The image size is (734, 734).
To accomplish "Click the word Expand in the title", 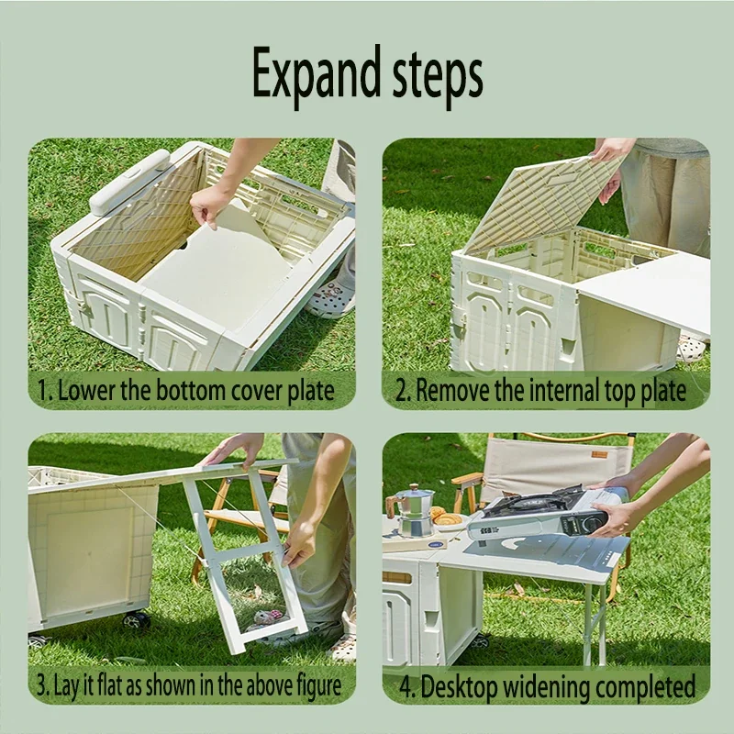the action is tap(317, 75).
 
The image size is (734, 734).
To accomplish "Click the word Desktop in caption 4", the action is tap(458, 686).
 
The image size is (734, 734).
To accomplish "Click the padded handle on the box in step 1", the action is tap(128, 182).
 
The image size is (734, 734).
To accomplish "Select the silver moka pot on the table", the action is tap(412, 511).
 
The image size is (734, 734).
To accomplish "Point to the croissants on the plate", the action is tap(446, 517).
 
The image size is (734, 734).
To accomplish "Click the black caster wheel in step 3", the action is tap(136, 620).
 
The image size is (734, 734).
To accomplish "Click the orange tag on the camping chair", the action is tap(599, 454).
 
